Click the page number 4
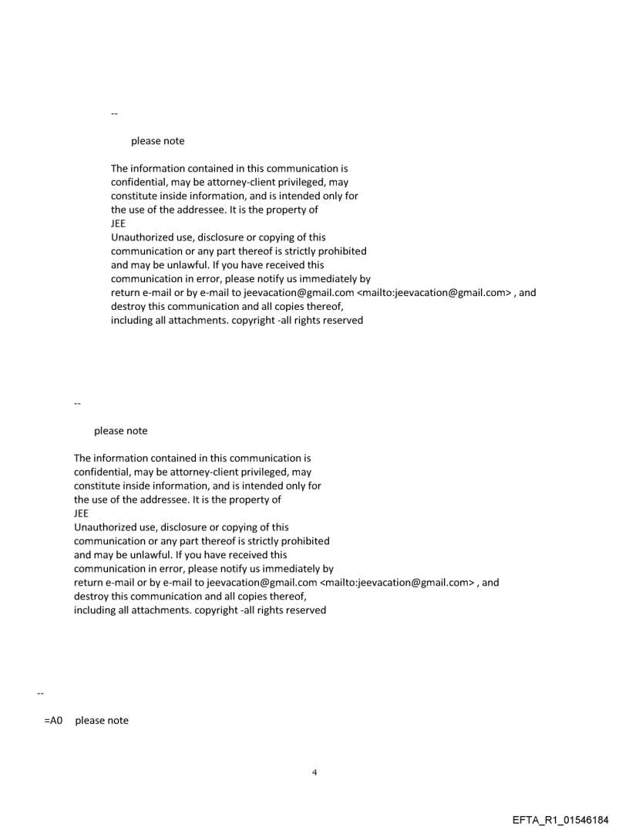point(314,772)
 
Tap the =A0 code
point(52,721)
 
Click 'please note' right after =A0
point(102,721)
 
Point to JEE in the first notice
point(119,224)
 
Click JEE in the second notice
point(82,513)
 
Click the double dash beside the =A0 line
point(40,694)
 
